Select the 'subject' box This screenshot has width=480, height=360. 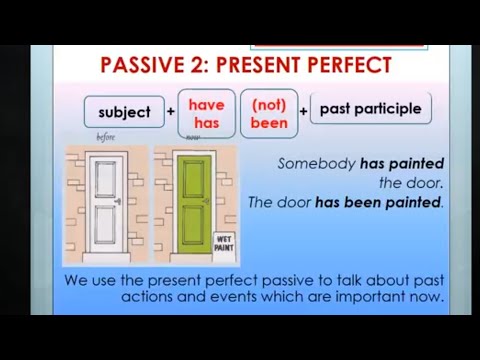[x=124, y=111]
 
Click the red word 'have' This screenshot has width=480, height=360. [x=207, y=103]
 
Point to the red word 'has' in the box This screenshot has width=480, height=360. [x=207, y=120]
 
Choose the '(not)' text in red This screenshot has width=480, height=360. [x=269, y=103]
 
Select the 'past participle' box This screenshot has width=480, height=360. [x=370, y=108]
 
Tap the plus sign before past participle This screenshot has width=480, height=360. [x=303, y=111]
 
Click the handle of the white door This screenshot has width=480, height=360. [x=120, y=201]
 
